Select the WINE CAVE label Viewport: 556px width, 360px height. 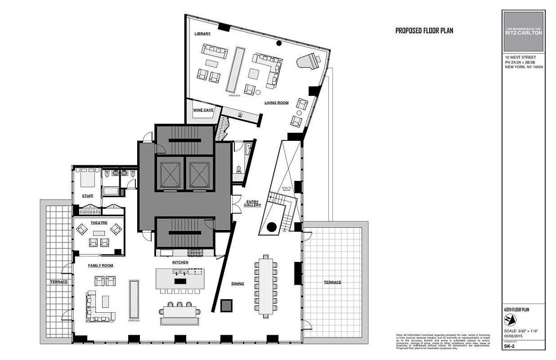pyautogui.click(x=203, y=110)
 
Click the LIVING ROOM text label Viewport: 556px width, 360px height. pyautogui.click(x=276, y=103)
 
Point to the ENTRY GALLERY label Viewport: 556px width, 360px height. pyautogui.click(x=252, y=203)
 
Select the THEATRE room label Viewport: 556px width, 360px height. pyautogui.click(x=99, y=222)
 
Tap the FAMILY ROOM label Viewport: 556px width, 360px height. pyautogui.click(x=100, y=265)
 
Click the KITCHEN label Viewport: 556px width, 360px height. pyautogui.click(x=180, y=262)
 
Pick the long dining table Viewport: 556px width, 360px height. pyautogui.click(x=266, y=287)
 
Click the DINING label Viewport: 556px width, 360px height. pyautogui.click(x=238, y=283)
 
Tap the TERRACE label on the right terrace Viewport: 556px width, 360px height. pyautogui.click(x=332, y=282)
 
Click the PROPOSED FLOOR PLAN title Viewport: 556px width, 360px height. pyautogui.click(x=424, y=31)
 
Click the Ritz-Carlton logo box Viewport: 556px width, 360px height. pyautogui.click(x=523, y=31)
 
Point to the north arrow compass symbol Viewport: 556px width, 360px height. pyautogui.click(x=509, y=320)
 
